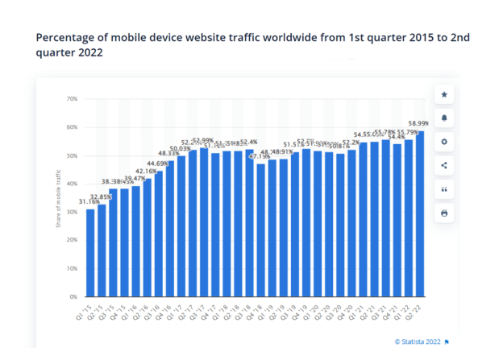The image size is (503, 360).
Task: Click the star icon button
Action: tap(443, 95)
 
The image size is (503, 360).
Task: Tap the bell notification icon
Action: tap(443, 118)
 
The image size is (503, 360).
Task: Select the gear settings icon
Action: tap(443, 142)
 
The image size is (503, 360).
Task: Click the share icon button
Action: tap(443, 166)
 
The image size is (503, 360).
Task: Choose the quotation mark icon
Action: tap(443, 189)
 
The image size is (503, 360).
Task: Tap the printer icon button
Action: tap(443, 213)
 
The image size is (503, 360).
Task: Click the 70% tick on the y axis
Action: tap(71, 99)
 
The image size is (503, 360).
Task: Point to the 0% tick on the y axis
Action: tap(73, 296)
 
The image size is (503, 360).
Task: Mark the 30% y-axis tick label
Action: tap(71, 212)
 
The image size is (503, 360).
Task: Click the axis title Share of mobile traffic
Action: tap(59, 197)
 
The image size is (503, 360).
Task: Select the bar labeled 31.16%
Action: tap(90, 253)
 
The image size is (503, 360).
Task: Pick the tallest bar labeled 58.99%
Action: tap(420, 213)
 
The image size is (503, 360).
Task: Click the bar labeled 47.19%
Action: tap(260, 230)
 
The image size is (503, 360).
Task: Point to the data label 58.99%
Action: tap(419, 123)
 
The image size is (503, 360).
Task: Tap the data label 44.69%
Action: tap(158, 163)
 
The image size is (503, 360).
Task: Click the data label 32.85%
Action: tap(102, 197)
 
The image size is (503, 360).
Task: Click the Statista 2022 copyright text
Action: tap(418, 341)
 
